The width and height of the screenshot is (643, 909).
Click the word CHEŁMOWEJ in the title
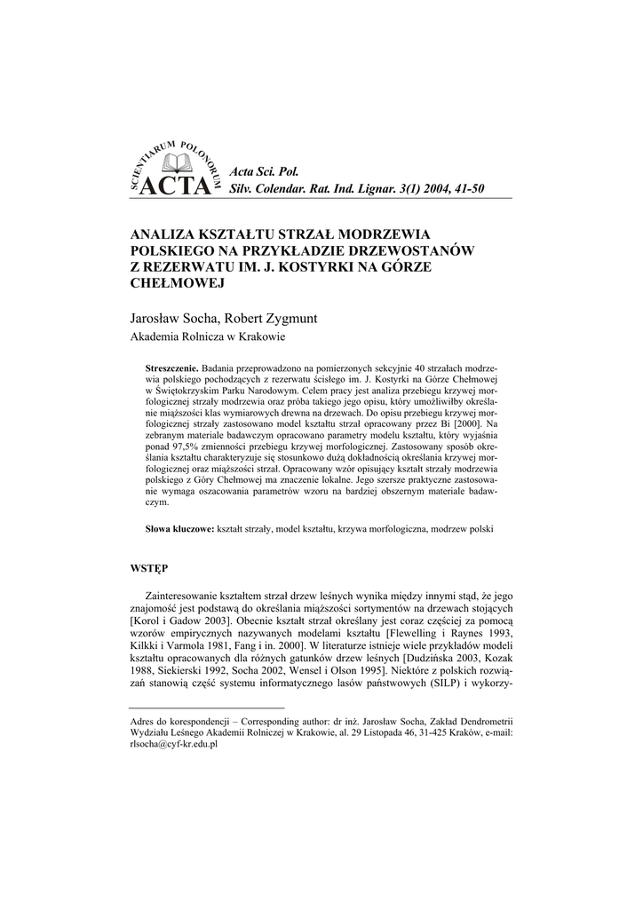coord(175,283)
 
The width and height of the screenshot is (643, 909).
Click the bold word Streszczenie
coord(171,367)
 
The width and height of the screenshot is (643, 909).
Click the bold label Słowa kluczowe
coord(179,528)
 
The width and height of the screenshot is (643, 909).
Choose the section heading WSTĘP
coord(149,566)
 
